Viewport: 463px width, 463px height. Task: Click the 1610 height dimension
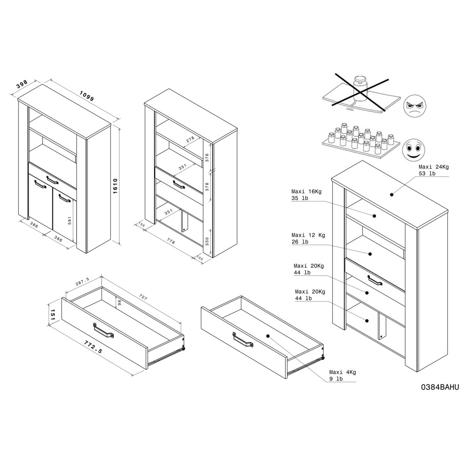tap(115, 186)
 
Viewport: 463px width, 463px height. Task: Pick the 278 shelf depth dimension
tap(190, 139)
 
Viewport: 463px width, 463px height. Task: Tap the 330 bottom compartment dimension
tap(207, 242)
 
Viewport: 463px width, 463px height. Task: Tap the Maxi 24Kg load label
tap(434, 170)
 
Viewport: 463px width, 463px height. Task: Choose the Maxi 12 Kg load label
tap(308, 238)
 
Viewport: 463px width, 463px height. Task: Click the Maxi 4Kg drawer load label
tap(342, 375)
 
